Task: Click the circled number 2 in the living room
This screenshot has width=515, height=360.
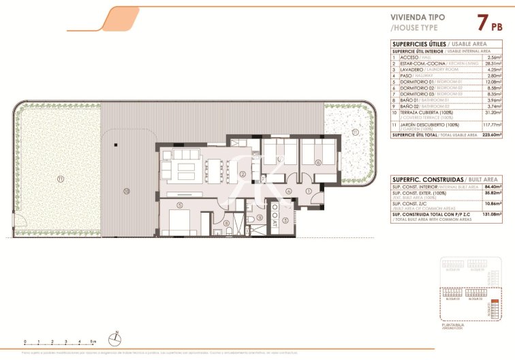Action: tap(243, 174)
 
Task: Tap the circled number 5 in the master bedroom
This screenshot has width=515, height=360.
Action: tap(178, 204)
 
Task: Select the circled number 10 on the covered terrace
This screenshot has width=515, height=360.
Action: tap(126, 192)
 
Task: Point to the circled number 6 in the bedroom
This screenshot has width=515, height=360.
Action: tap(317, 162)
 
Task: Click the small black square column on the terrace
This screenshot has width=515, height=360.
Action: tap(116, 145)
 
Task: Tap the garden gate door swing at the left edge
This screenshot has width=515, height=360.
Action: tap(20, 224)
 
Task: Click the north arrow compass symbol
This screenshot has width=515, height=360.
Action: tap(118, 337)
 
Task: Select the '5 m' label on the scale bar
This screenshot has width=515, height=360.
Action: tap(93, 340)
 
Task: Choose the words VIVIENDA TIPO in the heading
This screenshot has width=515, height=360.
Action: tap(416, 18)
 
